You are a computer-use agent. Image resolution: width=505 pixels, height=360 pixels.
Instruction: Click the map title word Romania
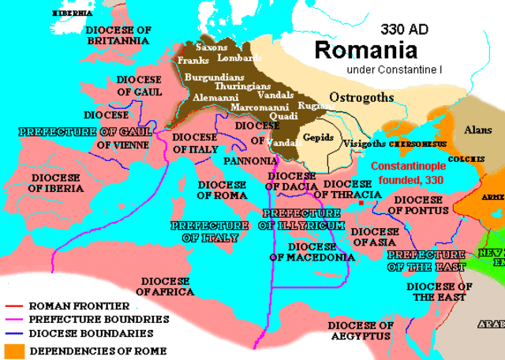(366, 51)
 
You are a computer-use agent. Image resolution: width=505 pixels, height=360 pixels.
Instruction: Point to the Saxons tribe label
(213, 47)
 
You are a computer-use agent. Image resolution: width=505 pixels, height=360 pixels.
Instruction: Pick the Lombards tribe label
(241, 58)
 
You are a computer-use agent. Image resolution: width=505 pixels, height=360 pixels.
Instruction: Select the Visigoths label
(365, 144)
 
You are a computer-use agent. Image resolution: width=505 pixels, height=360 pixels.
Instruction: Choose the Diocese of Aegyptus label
(360, 330)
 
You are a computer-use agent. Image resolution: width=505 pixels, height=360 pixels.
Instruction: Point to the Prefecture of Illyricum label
(301, 219)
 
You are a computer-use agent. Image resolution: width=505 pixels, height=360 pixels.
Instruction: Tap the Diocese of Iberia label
(56, 183)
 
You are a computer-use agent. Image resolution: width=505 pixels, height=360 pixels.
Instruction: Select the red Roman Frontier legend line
(14, 306)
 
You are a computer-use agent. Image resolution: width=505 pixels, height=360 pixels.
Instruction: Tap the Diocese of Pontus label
(419, 205)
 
